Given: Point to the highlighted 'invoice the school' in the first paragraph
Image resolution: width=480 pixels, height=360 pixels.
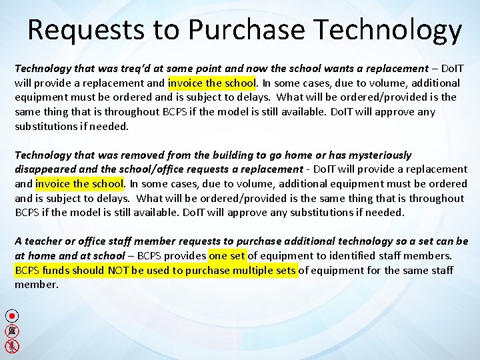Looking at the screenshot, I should [x=212, y=83].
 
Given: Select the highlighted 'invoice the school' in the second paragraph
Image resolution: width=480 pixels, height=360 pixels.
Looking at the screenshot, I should [x=79, y=184].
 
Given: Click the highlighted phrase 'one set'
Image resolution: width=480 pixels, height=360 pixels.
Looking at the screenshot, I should [x=227, y=256].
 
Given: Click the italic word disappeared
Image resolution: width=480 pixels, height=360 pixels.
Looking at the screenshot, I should [x=46, y=169].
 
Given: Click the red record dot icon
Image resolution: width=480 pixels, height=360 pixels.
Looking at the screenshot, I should [x=13, y=315].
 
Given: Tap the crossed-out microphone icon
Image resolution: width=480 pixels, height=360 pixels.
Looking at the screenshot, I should [x=13, y=345].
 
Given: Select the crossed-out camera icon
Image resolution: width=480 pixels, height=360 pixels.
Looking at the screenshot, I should [x=13, y=331].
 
